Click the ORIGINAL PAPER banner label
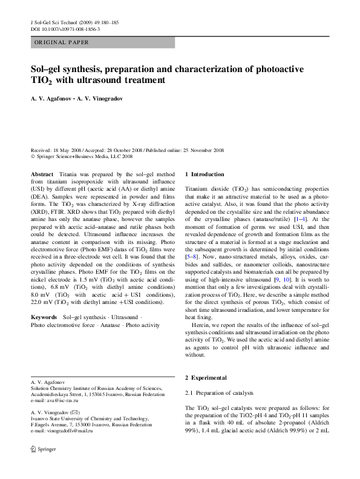tap(62, 42)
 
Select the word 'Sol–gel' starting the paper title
tap(47, 70)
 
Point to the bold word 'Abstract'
tap(42, 174)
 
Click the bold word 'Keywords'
tap(44, 317)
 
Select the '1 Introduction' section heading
tap(204, 174)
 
